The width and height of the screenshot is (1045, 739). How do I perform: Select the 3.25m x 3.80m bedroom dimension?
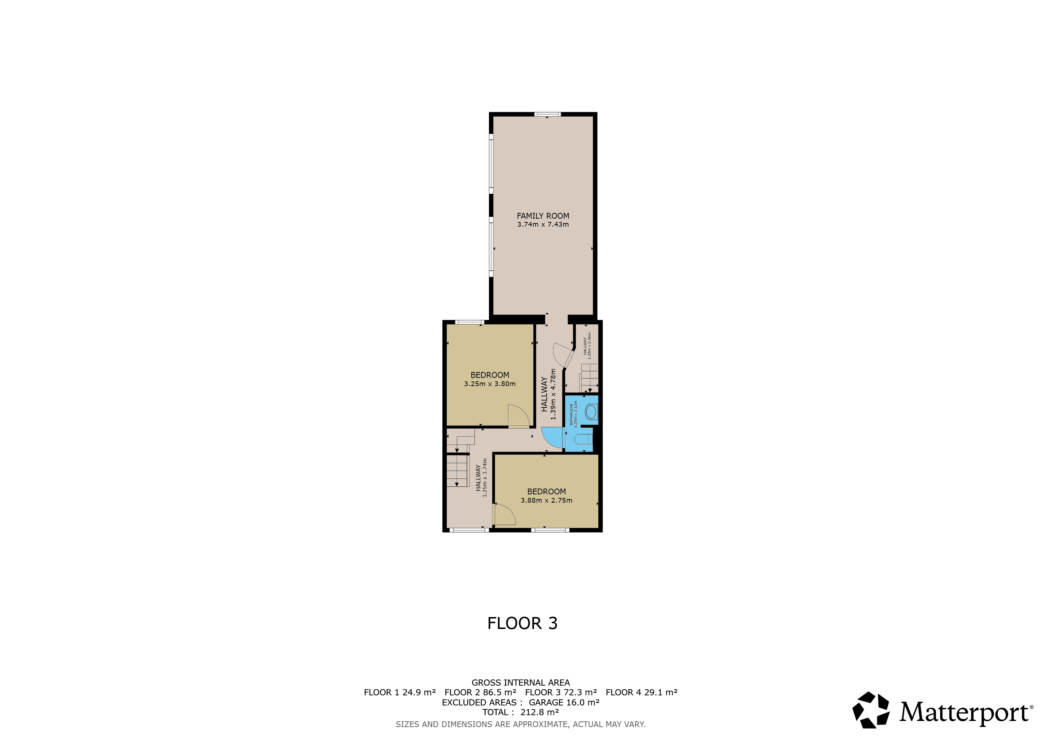[490, 384]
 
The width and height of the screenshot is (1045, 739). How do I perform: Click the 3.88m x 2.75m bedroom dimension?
[547, 500]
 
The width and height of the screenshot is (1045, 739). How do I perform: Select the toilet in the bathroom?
[583, 440]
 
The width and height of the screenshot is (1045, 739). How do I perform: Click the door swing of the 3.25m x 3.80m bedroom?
[519, 416]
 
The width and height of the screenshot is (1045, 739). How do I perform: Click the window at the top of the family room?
[547, 114]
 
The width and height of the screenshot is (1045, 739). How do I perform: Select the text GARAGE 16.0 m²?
[564, 702]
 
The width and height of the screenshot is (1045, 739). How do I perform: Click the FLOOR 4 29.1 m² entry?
[641, 692]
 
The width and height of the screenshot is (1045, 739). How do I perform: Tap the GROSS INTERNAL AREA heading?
[521, 683]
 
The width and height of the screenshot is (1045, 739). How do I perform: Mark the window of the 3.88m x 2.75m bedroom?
[550, 530]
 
